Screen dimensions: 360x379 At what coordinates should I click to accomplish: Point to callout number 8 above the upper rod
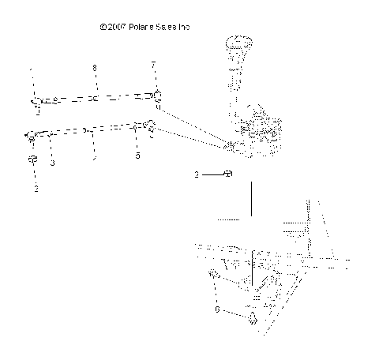coord(95,69)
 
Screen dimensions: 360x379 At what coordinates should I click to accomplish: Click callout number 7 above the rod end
coord(153,64)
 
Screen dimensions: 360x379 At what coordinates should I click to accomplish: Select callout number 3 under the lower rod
coord(52,163)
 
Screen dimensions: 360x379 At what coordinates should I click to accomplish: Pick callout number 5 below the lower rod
coord(137,156)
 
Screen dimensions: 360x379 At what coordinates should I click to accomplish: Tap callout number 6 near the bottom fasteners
coord(218,311)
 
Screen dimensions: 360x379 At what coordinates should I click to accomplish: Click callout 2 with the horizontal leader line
coord(197,174)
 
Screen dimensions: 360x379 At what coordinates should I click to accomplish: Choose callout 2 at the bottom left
coord(36,189)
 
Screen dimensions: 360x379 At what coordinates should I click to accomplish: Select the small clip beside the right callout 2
coord(227,174)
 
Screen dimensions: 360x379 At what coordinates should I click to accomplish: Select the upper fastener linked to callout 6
coord(213,274)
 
